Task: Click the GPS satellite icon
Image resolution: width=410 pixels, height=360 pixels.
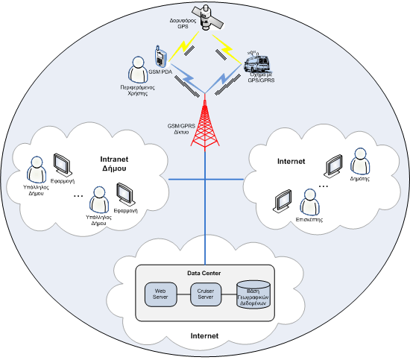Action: pos(208,18)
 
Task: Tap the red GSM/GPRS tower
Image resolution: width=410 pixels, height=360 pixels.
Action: pos(205,122)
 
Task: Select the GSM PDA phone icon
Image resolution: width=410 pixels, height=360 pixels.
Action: pos(160,57)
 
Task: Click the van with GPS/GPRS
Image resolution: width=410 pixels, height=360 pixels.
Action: pos(257,63)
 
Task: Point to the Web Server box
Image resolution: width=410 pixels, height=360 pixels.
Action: pos(160,294)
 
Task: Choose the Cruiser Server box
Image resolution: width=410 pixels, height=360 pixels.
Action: pos(206,294)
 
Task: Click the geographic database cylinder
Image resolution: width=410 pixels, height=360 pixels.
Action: pos(253,294)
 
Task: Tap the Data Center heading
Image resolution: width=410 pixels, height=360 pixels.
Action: pos(204,274)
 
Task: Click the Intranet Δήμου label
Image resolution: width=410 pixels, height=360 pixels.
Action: pos(114,164)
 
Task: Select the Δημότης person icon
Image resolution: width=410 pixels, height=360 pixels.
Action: pos(360,161)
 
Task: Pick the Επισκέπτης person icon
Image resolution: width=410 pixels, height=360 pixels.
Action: pos(309,202)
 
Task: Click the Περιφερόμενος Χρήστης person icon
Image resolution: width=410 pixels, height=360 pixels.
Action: pos(138,69)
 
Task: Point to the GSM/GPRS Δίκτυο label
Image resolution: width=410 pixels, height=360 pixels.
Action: pos(181,129)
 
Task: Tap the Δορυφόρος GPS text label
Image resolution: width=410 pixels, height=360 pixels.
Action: pos(183,23)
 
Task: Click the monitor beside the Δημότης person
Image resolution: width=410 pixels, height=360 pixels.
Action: pos(333,165)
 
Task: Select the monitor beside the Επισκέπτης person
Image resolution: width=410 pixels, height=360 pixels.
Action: pos(282,200)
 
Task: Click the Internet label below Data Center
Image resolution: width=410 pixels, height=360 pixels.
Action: pos(204,336)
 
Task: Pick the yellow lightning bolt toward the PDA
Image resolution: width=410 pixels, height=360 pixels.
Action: pos(184,46)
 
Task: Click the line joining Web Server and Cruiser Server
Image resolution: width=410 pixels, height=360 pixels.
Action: pos(183,294)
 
